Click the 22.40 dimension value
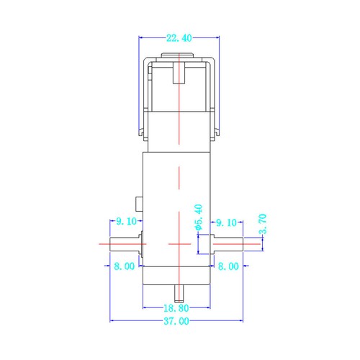[179, 38]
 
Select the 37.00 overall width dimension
[176, 321]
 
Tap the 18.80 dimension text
[176, 308]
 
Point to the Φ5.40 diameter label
[199, 217]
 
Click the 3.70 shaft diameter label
[263, 224]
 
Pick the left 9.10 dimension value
[126, 221]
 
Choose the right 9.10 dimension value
[226, 222]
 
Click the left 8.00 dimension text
[125, 266]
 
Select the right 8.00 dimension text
[228, 266]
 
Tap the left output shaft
[125, 244]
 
